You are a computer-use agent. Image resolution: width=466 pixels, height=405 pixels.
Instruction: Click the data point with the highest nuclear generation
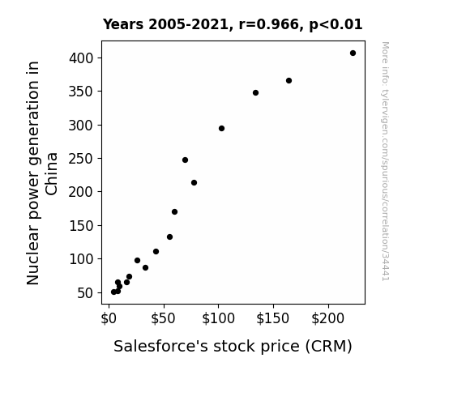pyautogui.click(x=353, y=53)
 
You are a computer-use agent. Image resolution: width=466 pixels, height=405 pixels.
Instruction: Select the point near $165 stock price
pyautogui.click(x=289, y=80)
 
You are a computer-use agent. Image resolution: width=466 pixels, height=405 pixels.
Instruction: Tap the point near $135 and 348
pyautogui.click(x=255, y=92)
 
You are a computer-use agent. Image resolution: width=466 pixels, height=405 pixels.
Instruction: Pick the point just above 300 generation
pyautogui.click(x=221, y=128)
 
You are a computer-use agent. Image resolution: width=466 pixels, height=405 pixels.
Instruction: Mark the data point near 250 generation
pyautogui.click(x=185, y=160)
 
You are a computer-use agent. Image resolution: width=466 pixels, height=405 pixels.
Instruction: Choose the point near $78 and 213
pyautogui.click(x=194, y=183)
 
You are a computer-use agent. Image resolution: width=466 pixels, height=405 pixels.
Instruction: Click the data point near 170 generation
pyautogui.click(x=175, y=212)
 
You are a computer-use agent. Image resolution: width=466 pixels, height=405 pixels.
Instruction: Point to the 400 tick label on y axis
pyautogui.click(x=81, y=58)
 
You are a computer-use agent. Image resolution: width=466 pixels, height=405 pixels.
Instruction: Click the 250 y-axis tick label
pyautogui.click(x=81, y=159)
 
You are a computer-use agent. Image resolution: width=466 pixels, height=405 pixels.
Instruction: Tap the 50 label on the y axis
pyautogui.click(x=85, y=293)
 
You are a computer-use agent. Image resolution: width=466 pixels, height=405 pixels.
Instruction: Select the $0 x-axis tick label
pyautogui.click(x=109, y=318)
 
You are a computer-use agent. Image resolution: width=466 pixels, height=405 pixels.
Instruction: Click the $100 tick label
pyautogui.click(x=219, y=318)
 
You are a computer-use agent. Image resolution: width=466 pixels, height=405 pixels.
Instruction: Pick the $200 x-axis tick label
pyautogui.click(x=327, y=318)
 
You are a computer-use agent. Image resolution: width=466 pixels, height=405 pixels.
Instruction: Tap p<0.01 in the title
pyautogui.click(x=336, y=25)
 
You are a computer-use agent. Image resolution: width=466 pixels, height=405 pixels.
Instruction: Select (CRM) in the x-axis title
pyautogui.click(x=329, y=347)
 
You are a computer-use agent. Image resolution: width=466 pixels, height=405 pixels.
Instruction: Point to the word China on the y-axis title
pyautogui.click(x=51, y=174)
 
